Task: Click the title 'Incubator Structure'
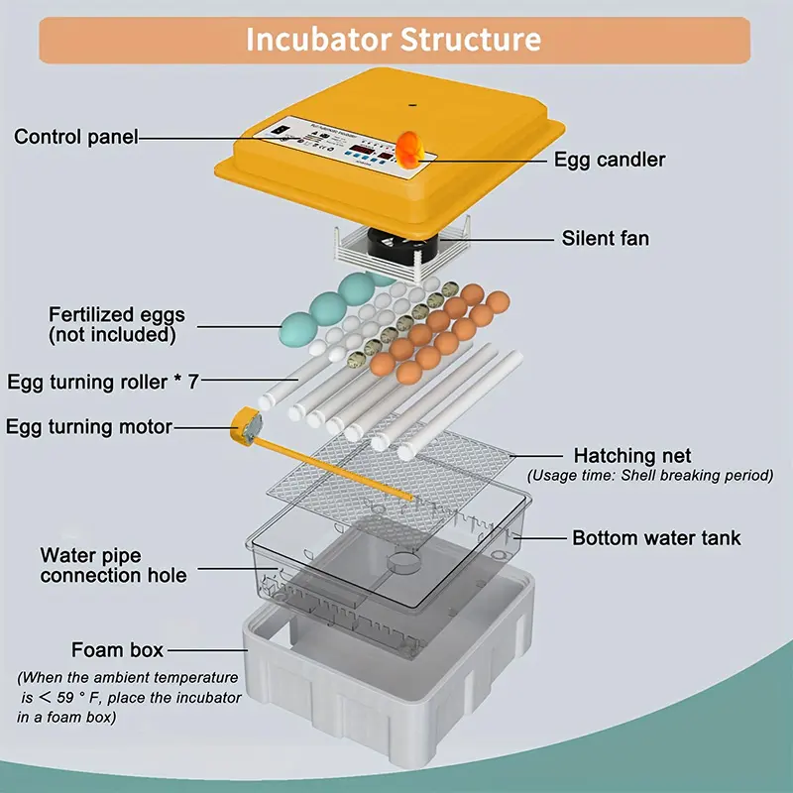point(394,40)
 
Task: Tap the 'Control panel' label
point(76,137)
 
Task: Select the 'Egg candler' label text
point(609,159)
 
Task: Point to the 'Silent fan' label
point(605,238)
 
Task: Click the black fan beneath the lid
point(390,245)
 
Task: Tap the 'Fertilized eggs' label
point(117,315)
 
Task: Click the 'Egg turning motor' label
point(89,427)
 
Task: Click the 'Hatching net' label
point(632,456)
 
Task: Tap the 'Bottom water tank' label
point(656,538)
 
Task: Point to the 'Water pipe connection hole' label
point(113,565)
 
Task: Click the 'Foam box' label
point(117,650)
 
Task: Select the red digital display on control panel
point(357,150)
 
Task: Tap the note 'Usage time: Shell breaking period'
point(649,476)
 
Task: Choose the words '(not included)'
point(112,335)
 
